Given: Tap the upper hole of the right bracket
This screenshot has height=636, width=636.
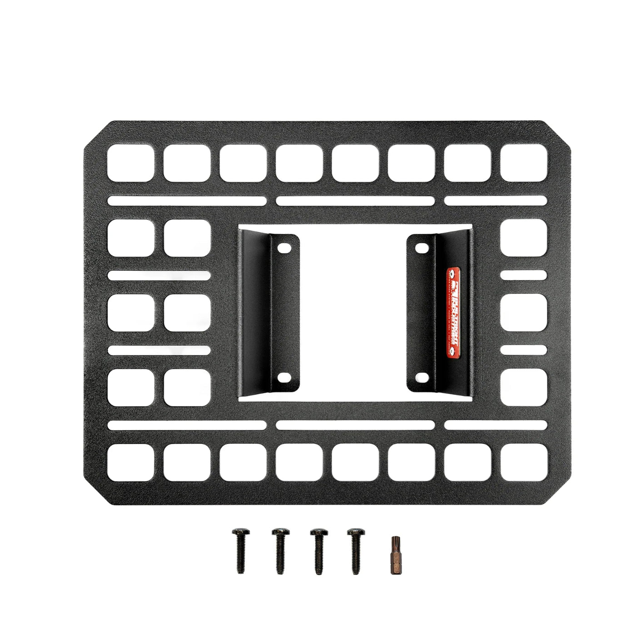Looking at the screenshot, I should pyautogui.click(x=421, y=248).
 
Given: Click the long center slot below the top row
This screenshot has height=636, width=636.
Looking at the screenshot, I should pyautogui.click(x=355, y=201).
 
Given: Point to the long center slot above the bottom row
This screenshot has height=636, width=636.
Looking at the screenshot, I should pyautogui.click(x=355, y=425).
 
